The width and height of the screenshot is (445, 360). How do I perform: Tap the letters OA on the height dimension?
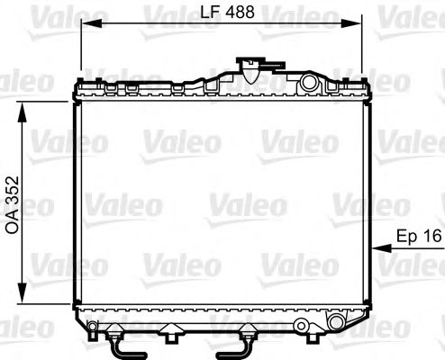tap(13, 224)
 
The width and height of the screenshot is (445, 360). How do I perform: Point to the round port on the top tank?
tap(309, 84)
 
